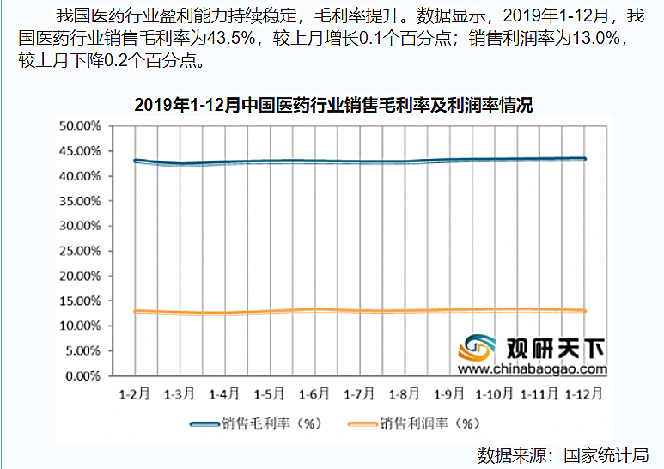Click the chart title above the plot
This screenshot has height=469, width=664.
(x=334, y=106)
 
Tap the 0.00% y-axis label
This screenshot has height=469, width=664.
(x=82, y=376)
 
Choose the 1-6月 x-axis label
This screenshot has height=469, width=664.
(x=315, y=394)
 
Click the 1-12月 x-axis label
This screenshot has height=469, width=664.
(x=584, y=394)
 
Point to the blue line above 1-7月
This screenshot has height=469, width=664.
(x=360, y=161)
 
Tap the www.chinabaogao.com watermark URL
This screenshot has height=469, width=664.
(x=532, y=370)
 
